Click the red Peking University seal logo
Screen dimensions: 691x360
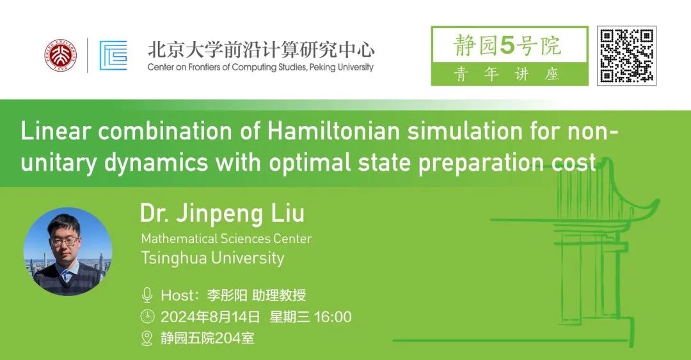coord(61,55)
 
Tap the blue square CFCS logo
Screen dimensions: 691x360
coord(113,56)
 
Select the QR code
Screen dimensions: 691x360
coord(626,56)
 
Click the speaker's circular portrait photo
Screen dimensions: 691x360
coord(67,251)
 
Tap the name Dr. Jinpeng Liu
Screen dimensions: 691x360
coord(222,214)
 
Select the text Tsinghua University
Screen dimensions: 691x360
coord(212,258)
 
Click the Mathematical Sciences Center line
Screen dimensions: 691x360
coord(226,239)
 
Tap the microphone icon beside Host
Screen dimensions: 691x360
coord(147,295)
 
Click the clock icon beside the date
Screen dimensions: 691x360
coord(147,317)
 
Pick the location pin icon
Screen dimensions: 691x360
coord(147,338)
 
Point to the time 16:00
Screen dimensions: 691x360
coord(333,317)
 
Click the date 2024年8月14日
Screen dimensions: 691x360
coord(210,317)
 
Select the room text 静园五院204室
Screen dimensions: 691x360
coord(207,338)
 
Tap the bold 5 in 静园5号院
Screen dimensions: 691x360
coord(507,46)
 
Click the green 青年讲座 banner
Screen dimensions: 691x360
coord(509,74)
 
